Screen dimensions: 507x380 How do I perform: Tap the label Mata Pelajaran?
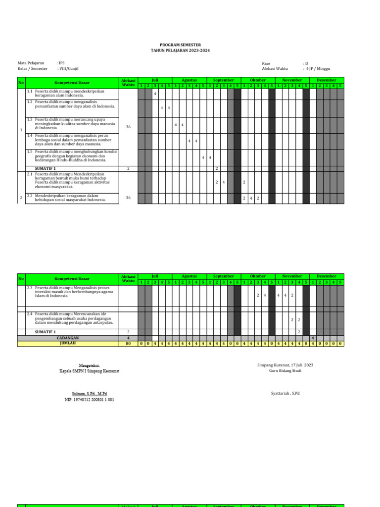[31, 63]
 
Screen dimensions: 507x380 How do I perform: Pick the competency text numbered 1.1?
[72, 94]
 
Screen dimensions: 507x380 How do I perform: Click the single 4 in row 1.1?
[155, 94]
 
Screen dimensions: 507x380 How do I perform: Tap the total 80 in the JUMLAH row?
[128, 343]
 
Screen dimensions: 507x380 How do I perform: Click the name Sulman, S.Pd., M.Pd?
[86, 393]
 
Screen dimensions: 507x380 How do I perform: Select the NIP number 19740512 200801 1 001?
[89, 399]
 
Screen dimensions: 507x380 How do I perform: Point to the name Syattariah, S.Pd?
[285, 393]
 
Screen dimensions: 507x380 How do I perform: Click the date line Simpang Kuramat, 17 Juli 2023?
[285, 365]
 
